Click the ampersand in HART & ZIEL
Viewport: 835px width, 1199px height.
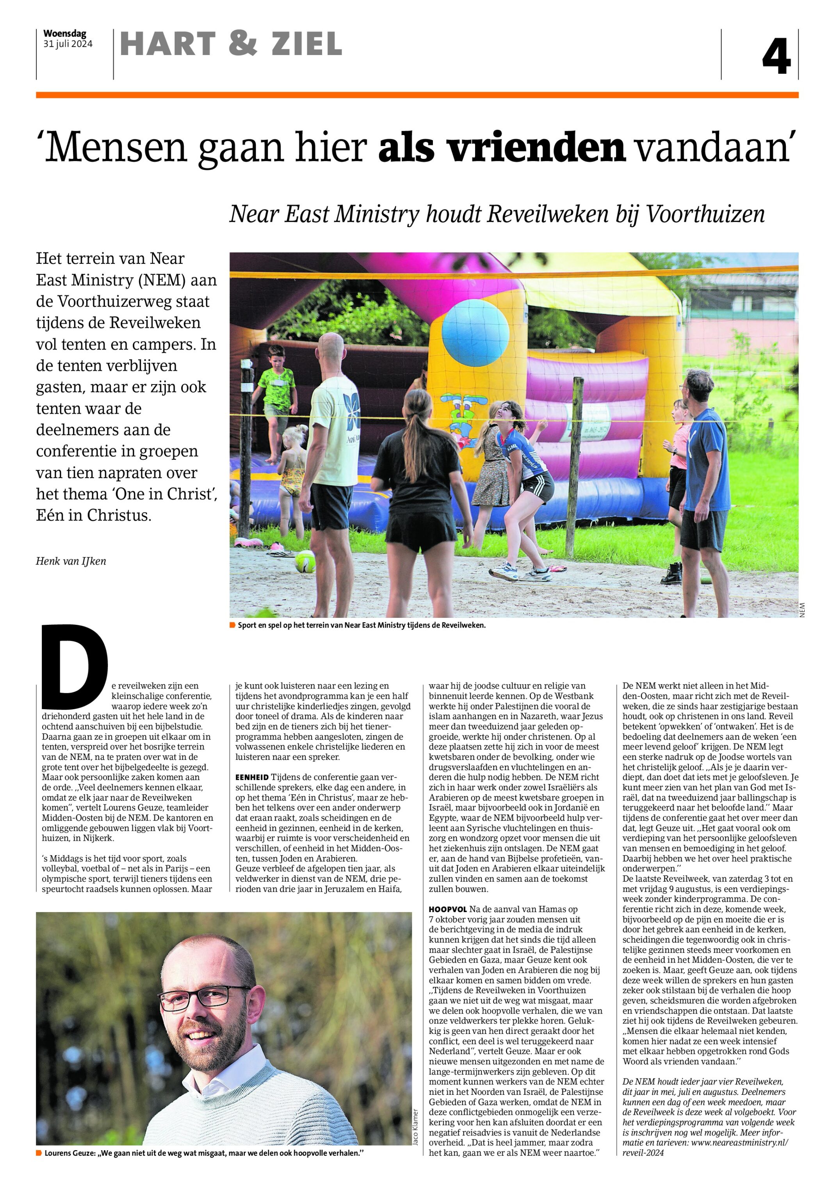(x=243, y=43)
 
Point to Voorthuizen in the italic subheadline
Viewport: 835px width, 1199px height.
(x=705, y=214)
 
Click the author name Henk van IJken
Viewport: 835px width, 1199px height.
(x=71, y=561)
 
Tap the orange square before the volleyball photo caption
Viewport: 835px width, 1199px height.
(x=232, y=625)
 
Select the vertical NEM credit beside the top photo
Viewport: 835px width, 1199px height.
(x=802, y=610)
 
